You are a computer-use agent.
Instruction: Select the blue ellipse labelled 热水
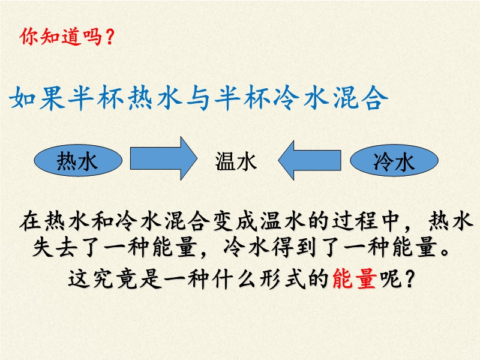78,160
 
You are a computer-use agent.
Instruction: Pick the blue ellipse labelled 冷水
394,160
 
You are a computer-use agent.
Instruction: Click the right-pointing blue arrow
163,158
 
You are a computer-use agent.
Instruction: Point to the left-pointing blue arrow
310,160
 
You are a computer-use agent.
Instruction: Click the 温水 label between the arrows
235,161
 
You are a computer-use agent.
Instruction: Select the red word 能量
354,278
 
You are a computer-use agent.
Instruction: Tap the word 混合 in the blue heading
361,98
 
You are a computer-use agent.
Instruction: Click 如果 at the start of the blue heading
37,98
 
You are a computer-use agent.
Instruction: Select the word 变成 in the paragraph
235,221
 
